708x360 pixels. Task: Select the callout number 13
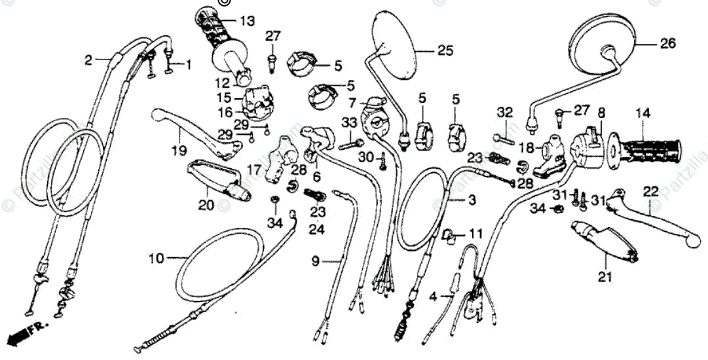click(x=246, y=22)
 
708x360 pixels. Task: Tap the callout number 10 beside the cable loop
click(x=157, y=258)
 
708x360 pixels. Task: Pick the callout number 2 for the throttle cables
click(x=88, y=61)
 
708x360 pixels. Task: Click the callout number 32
click(x=504, y=113)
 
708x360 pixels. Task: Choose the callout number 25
click(x=445, y=50)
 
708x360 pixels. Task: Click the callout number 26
click(x=667, y=45)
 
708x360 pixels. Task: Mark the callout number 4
click(x=432, y=297)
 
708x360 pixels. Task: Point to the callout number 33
click(x=349, y=122)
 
